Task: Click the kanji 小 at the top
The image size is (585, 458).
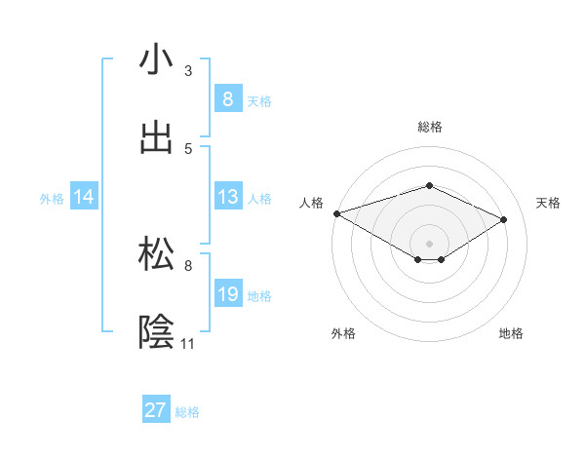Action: [x=157, y=60]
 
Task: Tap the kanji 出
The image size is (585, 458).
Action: [x=157, y=138]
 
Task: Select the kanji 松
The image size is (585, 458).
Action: [x=157, y=254]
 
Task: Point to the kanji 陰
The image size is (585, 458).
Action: [x=157, y=332]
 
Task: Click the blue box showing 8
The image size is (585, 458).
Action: [x=227, y=99]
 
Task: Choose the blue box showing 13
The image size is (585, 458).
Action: [x=227, y=197]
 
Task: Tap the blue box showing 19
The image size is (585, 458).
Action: [x=227, y=294]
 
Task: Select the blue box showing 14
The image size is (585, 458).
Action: [x=84, y=197]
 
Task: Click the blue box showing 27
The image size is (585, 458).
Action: [x=156, y=410]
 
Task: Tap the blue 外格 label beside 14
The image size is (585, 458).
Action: [x=52, y=198]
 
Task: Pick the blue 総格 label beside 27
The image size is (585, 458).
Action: [x=187, y=412]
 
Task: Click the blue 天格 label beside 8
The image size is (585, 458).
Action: [x=259, y=100]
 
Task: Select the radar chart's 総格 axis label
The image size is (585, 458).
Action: [x=429, y=127]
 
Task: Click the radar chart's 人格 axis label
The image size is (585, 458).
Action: [x=311, y=203]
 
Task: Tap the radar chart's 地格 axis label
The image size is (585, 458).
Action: [x=511, y=333]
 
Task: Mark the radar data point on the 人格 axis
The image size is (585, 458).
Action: [x=336, y=213]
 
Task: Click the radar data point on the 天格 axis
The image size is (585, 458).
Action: [x=504, y=219]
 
